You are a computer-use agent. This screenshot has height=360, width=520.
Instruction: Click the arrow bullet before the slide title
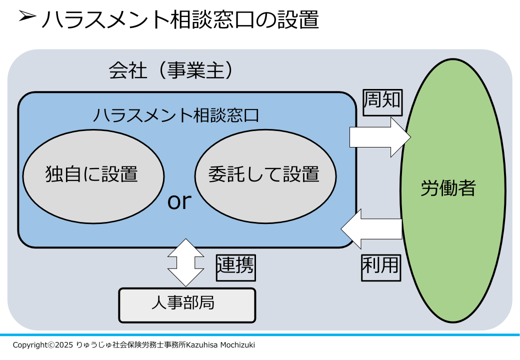pos(27,15)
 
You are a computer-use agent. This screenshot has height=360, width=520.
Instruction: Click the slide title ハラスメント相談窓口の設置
pos(180,19)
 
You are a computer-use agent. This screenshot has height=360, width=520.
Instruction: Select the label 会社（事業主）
pos(171,70)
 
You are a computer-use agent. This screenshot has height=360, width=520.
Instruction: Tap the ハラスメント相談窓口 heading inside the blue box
pos(176,115)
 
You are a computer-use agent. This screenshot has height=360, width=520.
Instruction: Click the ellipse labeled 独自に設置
pos(93,176)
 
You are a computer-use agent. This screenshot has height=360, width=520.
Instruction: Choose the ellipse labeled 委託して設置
pos(265,176)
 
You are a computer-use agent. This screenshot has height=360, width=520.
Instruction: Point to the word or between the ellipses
pos(179,201)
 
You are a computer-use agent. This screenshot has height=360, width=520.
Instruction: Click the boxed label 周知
pos(382,102)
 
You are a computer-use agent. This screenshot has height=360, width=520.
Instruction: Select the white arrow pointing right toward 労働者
pos(380,137)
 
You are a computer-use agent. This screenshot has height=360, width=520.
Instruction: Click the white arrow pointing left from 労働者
pos(371,228)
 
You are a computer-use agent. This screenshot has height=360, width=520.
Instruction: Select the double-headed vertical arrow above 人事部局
pos(185,262)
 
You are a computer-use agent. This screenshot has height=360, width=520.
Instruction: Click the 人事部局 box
pos(187,305)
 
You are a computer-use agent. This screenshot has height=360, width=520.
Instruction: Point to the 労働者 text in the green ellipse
pos(448,188)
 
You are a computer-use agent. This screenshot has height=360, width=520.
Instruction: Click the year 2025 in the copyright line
pos(64,345)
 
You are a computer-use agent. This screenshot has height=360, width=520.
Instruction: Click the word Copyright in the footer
pos(30,345)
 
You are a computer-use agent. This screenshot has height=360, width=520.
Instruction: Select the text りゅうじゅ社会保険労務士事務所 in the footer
pos(130,345)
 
